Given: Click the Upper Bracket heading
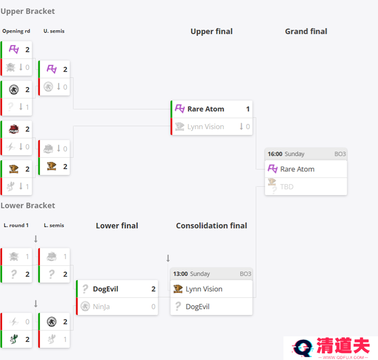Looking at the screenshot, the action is coord(28,11).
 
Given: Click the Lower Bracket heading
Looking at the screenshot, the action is coord(28,206).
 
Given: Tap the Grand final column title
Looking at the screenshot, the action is coord(306,31).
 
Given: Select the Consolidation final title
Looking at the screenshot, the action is coord(211,226).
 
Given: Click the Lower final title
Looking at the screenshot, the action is coord(117,226).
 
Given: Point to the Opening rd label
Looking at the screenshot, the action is coord(16,31).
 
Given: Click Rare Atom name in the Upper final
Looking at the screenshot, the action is coord(206,109).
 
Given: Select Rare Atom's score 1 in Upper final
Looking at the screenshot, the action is coord(248,109).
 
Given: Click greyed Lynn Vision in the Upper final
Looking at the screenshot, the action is coord(206,127).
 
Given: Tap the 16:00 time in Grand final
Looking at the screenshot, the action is coord(275,154).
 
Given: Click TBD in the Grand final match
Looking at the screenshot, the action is coord(287,187).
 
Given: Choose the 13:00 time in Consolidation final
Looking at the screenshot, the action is coord(180,274).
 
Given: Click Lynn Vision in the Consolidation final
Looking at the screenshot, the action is coord(204,289).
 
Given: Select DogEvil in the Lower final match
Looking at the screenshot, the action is coord(105,289).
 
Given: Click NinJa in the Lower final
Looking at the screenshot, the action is coord(101,307).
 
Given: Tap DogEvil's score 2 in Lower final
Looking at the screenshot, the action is coord(153,289).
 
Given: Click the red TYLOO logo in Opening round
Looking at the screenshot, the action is coord(14,129).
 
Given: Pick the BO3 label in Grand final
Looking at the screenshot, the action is coord(340,154).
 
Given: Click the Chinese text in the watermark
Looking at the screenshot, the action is coord(343,345).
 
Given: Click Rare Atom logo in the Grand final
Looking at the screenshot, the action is coord(273,169).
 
